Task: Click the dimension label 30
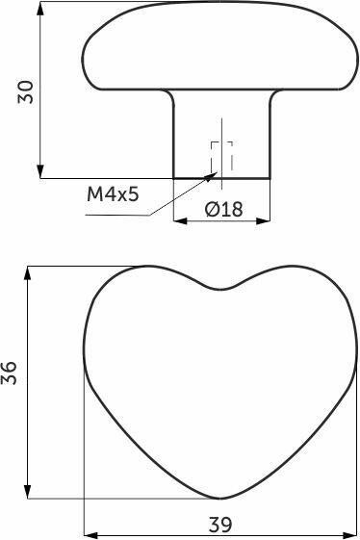pos(26,91)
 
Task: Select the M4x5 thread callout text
pos(113,194)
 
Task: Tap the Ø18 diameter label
pos(223,209)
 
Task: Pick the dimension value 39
pos(220,526)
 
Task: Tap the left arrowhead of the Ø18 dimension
pos(180,220)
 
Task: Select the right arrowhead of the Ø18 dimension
pos(264,220)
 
